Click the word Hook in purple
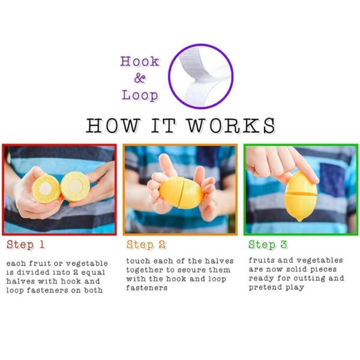pyautogui.click(x=140, y=61)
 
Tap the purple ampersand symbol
pyautogui.click(x=140, y=78)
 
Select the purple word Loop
pyautogui.click(x=140, y=95)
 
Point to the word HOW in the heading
pyautogui.click(x=113, y=125)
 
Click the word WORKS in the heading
pyautogui.click(x=231, y=125)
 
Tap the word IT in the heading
pyautogui.click(x=163, y=125)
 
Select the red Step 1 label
pyautogui.click(x=25, y=245)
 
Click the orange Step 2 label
pyautogui.click(x=146, y=245)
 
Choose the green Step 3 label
pyautogui.click(x=268, y=245)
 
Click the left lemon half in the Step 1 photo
pyautogui.click(x=46, y=189)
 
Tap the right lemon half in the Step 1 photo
pyautogui.click(x=76, y=186)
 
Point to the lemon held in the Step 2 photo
pyautogui.click(x=181, y=193)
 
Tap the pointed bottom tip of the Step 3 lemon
pyautogui.click(x=299, y=221)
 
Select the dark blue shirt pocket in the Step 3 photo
pyautogui.click(x=332, y=179)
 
